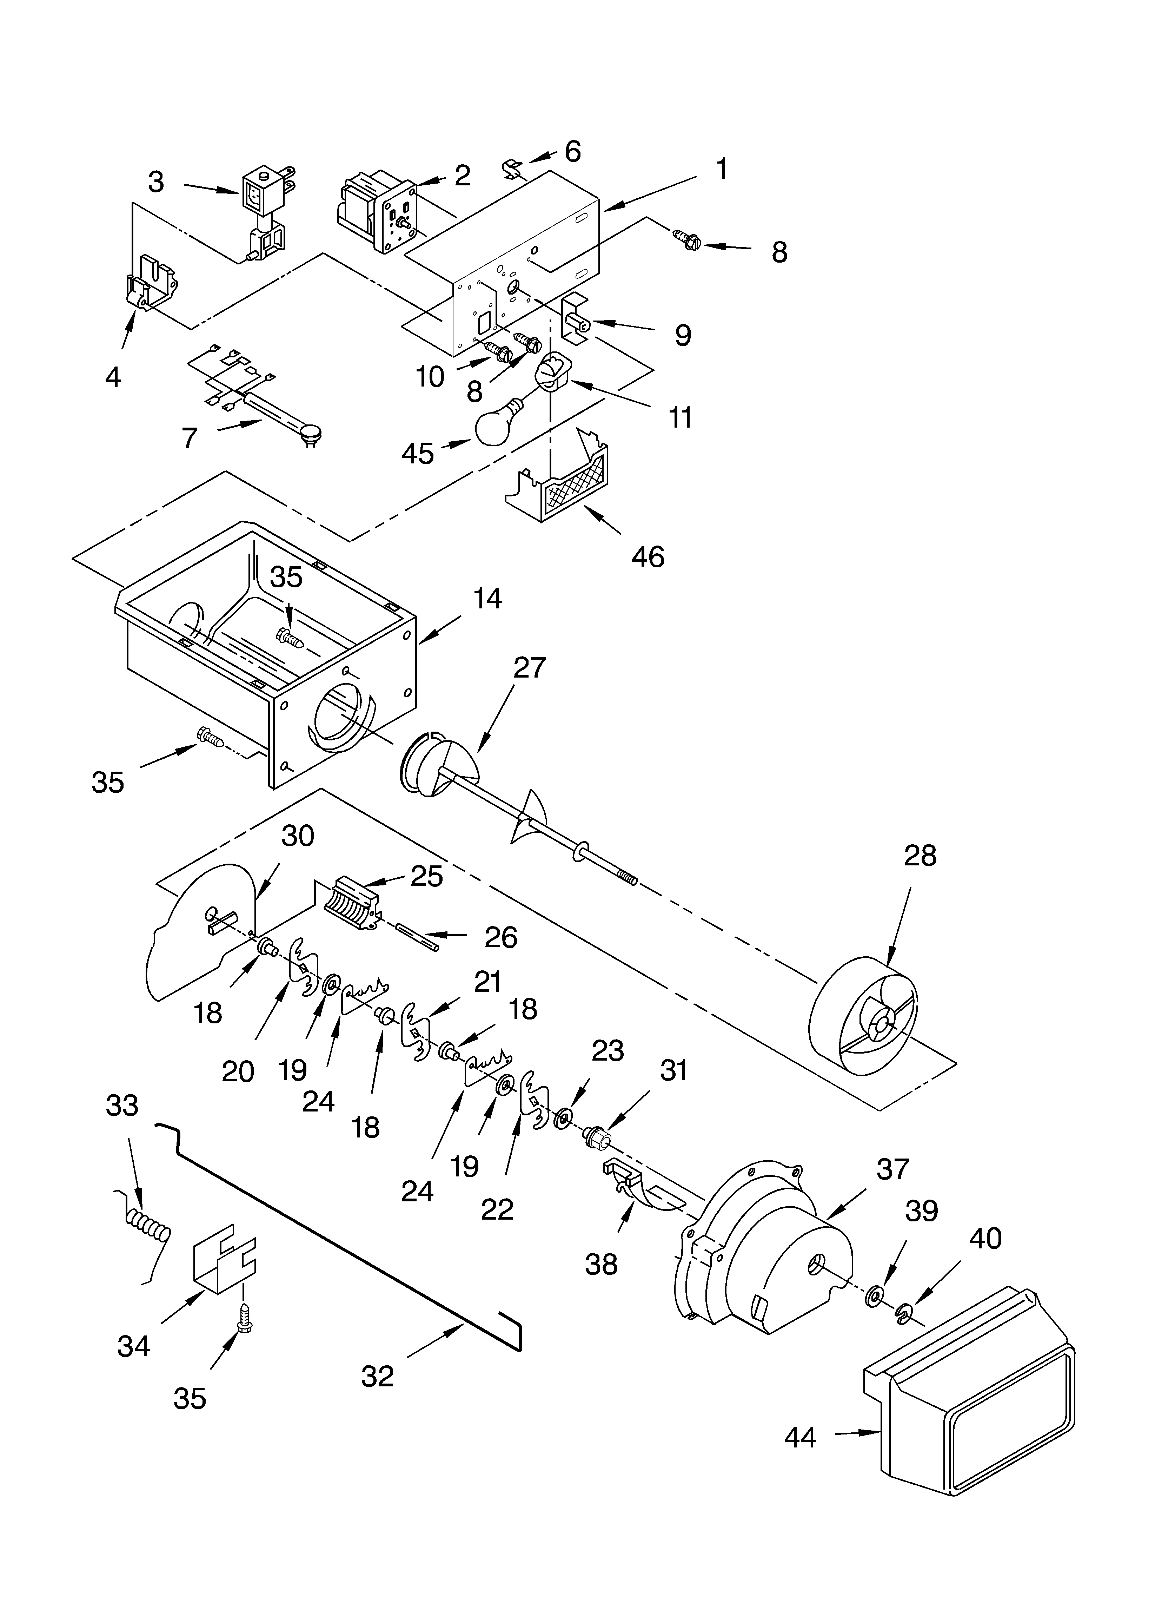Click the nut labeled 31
coord(596,1136)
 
